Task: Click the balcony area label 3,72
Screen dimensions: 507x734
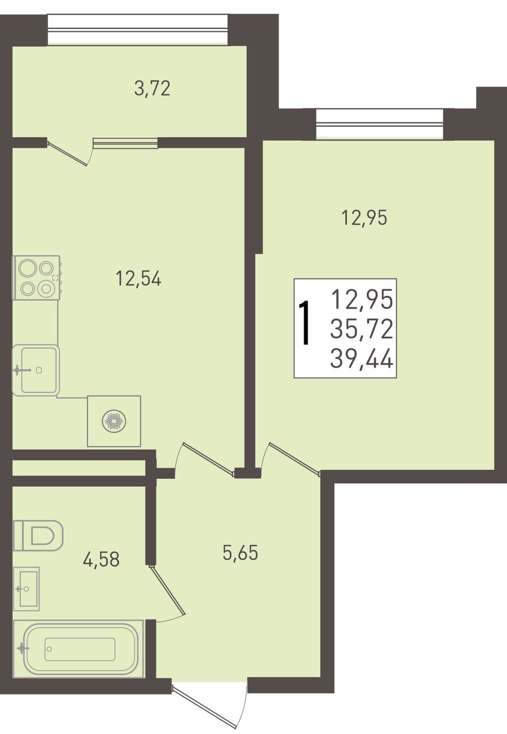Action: tap(152, 89)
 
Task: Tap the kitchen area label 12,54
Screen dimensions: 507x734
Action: tap(139, 279)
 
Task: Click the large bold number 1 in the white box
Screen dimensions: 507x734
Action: tap(305, 323)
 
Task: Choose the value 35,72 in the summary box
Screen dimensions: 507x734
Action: tap(362, 329)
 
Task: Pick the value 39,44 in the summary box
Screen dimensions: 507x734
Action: tap(362, 359)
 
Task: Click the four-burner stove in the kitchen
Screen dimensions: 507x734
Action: tap(36, 278)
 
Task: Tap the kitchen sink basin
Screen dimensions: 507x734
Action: tap(36, 370)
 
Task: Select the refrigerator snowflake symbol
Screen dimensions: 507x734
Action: tap(114, 421)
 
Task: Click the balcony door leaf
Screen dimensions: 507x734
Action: tap(67, 153)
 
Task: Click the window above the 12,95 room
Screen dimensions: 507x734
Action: tap(379, 124)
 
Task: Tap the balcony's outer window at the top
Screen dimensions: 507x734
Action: tap(138, 29)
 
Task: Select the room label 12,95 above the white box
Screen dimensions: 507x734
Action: tap(364, 218)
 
